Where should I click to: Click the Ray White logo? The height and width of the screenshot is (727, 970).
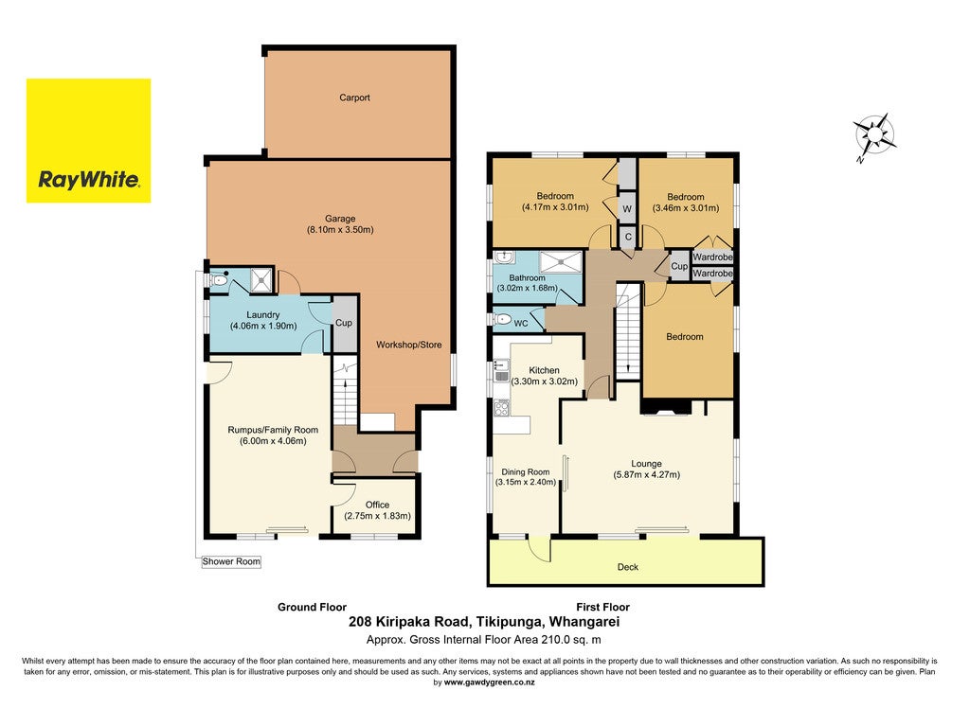coord(88,140)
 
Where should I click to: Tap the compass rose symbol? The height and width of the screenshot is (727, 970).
coord(874,136)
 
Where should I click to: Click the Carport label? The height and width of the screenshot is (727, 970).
coord(354,98)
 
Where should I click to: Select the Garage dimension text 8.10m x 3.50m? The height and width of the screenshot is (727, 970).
coord(340,230)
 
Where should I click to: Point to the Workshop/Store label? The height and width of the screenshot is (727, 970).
coord(409,345)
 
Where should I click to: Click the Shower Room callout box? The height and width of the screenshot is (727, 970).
coord(231,561)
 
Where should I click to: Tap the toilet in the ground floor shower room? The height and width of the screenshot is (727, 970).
coord(219,280)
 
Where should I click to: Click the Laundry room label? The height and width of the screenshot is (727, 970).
coord(263,314)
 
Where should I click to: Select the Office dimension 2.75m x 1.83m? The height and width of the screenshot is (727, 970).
coord(377,516)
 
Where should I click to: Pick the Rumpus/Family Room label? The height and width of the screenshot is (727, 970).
coord(273,430)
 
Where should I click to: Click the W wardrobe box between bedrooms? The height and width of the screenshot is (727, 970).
coord(627,209)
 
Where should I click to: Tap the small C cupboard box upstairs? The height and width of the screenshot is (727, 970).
coord(628,237)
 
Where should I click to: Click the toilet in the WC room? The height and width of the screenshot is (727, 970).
coord(502,320)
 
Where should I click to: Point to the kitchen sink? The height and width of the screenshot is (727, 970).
coord(500,371)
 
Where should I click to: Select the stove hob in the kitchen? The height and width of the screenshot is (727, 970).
coord(501,408)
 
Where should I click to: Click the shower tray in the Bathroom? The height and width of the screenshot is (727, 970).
coord(561,262)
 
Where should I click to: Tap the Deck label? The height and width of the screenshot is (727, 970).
coord(628,567)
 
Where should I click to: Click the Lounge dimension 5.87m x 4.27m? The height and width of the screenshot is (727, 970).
coord(646,475)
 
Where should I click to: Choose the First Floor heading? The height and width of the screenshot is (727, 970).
coord(602,607)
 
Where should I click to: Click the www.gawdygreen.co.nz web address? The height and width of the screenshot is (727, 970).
coord(490,683)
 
